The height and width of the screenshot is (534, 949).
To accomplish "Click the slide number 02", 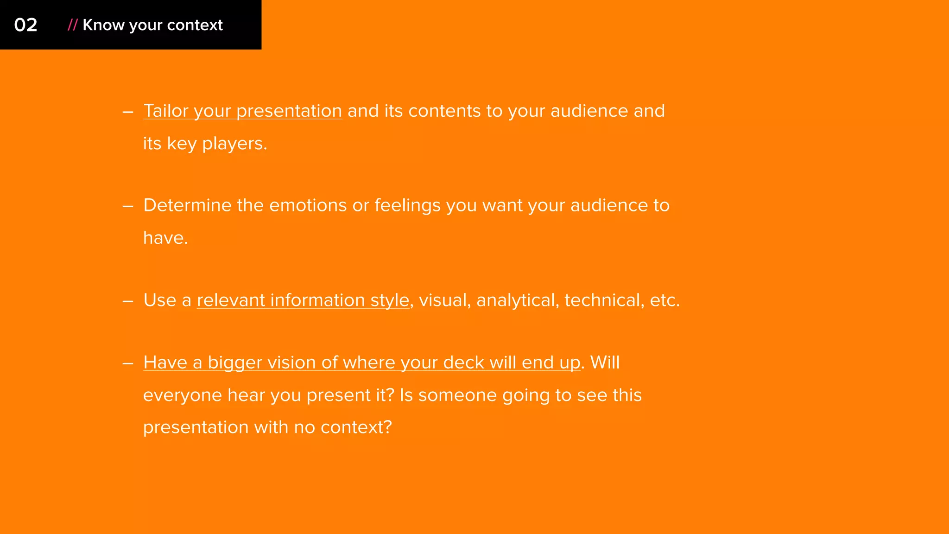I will (x=25, y=25).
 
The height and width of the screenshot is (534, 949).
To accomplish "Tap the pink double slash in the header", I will (x=72, y=25).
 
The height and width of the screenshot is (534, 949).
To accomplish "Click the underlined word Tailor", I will (x=165, y=111).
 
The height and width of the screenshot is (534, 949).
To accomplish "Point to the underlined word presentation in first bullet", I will (x=289, y=111).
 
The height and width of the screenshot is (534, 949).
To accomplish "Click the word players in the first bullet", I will (x=234, y=144).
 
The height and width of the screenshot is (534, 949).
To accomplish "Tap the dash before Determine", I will (x=128, y=206).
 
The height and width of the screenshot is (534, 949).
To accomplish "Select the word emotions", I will (x=308, y=205).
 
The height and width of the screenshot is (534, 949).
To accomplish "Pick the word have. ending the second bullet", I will (x=165, y=238).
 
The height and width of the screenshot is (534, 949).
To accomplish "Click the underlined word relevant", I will (x=231, y=300).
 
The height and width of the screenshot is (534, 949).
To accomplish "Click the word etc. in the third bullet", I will (x=664, y=300).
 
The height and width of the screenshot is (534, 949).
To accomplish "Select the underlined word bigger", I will (x=235, y=363).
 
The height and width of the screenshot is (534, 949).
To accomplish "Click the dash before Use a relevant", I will (x=128, y=301).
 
